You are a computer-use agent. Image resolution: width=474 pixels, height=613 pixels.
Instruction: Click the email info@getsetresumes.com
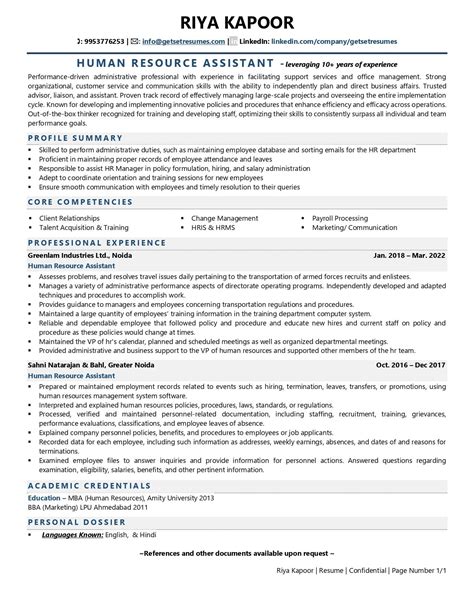pos(183,41)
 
